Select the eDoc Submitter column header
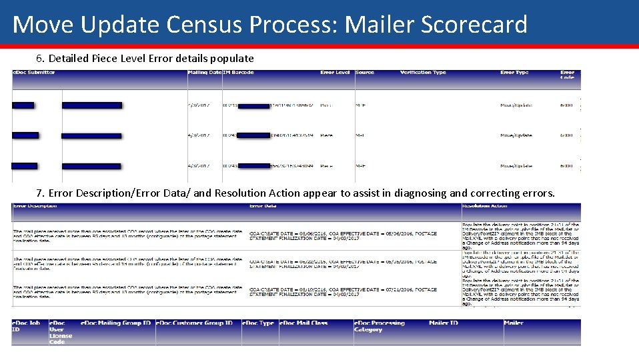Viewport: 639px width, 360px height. click(34, 73)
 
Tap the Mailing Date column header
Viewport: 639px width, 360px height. click(204, 73)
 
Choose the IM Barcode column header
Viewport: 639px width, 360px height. click(238, 73)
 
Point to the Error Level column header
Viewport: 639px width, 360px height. click(335, 73)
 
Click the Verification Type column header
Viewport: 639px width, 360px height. click(423, 73)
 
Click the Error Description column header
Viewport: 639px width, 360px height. click(35, 206)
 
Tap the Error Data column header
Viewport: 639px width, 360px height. click(264, 206)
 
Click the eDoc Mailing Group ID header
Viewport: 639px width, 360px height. click(115, 323)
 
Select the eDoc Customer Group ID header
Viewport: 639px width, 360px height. click(195, 323)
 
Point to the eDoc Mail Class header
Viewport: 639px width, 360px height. click(303, 323)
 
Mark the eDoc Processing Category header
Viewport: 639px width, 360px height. click(379, 326)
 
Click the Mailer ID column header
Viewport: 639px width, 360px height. click(444, 323)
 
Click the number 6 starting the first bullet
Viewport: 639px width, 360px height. click(39, 58)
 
